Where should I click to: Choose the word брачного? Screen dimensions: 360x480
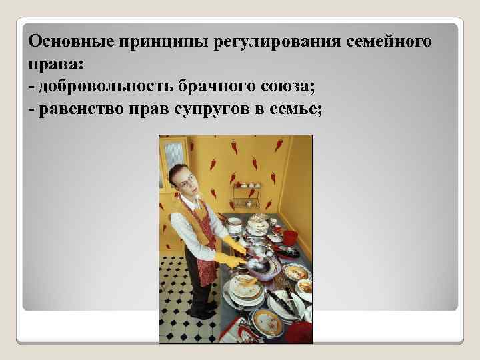click(220, 87)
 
